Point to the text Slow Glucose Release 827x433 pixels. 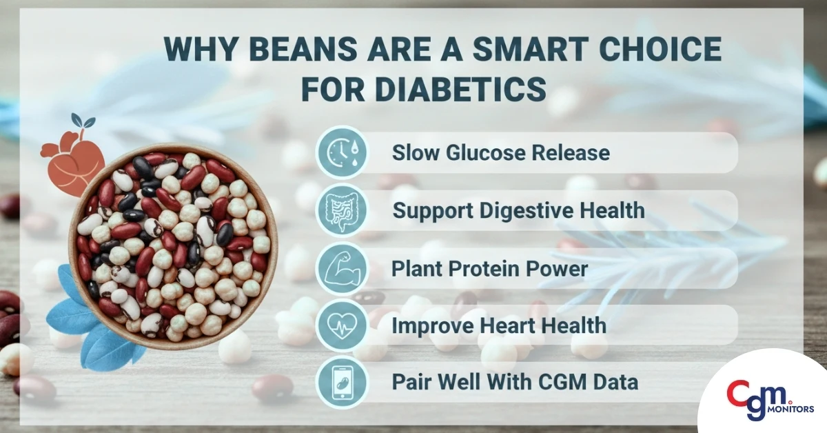pyautogui.click(x=501, y=152)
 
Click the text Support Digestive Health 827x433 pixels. pyautogui.click(x=518, y=210)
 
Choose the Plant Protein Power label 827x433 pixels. pyautogui.click(x=490, y=268)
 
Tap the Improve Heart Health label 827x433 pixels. pyautogui.click(x=500, y=325)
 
